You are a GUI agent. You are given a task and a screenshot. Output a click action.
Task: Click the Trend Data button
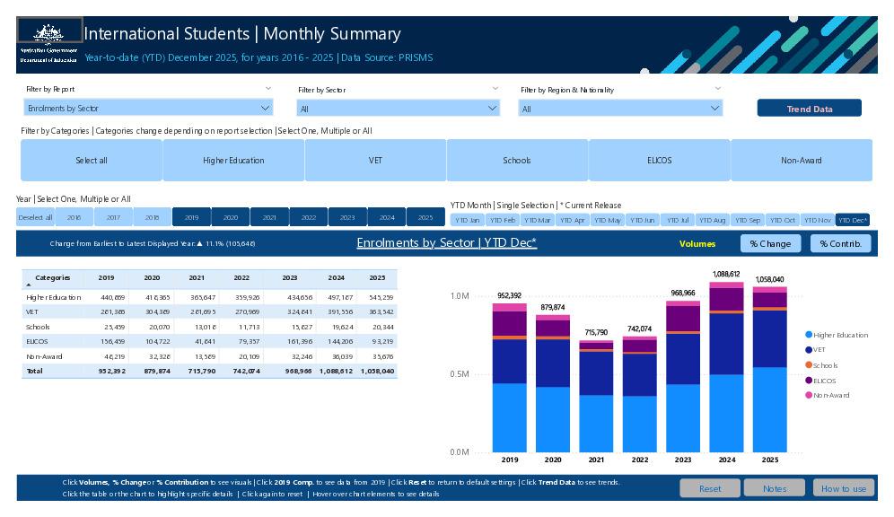point(809,109)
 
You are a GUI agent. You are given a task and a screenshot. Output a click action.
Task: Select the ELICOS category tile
point(659,161)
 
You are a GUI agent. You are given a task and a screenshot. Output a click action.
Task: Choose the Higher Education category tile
point(233,161)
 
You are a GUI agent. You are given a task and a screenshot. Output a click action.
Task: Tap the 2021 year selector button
point(269,217)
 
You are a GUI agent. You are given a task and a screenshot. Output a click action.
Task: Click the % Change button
point(769,243)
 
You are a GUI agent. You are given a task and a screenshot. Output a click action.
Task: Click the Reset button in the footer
point(709,488)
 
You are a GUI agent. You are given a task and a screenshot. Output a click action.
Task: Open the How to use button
point(843,488)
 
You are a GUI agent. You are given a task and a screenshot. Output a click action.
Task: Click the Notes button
point(775,488)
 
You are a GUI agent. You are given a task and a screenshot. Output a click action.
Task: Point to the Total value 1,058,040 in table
point(377,371)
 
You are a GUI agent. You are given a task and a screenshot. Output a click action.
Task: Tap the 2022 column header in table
point(241,278)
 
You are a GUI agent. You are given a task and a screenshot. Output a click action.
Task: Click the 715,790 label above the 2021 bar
point(596,333)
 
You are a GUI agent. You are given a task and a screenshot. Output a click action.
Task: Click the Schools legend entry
point(825,365)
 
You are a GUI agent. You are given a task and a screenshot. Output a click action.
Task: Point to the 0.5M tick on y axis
point(459,374)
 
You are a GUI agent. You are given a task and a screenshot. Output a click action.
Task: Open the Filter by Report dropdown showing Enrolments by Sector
point(148,108)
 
